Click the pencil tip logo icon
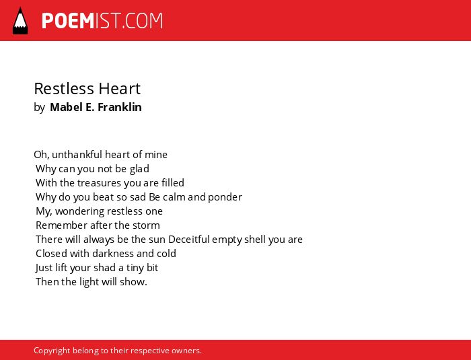(x=20, y=21)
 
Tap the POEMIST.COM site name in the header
(x=102, y=21)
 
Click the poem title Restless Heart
(x=87, y=89)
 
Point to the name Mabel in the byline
(x=66, y=107)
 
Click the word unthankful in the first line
(x=77, y=155)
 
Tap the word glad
(x=139, y=169)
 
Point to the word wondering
(x=79, y=211)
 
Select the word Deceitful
(x=189, y=240)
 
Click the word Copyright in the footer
(x=52, y=351)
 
